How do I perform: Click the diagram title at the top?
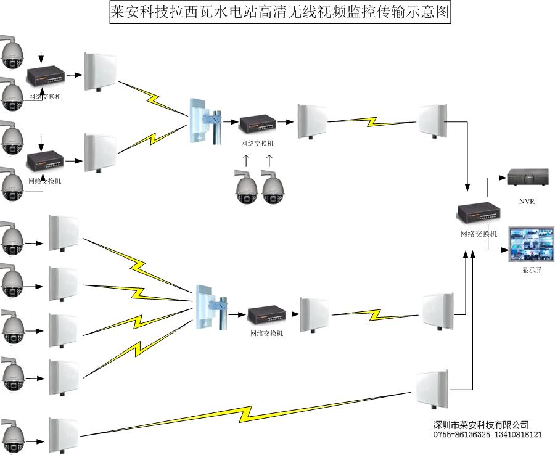click(x=280, y=12)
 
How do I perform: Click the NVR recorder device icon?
click(x=528, y=177)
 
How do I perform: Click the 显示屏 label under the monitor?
click(x=531, y=270)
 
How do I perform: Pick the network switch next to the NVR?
click(x=479, y=215)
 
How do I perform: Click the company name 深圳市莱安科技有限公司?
click(x=481, y=425)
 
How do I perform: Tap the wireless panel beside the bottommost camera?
click(x=63, y=434)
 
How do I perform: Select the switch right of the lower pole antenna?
click(x=266, y=316)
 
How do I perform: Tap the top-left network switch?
click(x=45, y=76)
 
